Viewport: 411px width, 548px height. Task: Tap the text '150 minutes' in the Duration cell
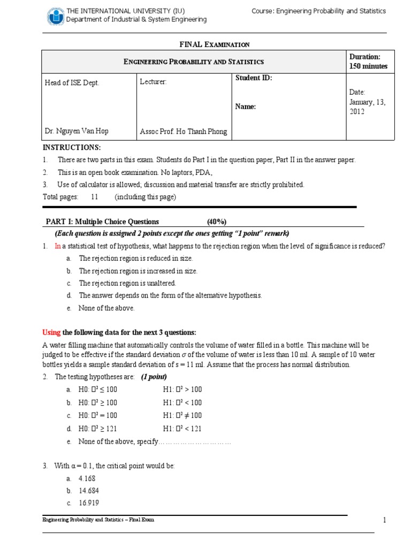[368, 66]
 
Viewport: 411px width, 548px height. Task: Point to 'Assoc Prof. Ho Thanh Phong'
[183, 132]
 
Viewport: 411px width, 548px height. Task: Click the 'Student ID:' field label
[254, 78]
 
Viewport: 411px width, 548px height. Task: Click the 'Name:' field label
[246, 106]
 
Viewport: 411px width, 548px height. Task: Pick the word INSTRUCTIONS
[71, 148]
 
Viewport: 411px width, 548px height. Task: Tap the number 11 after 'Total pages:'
[95, 197]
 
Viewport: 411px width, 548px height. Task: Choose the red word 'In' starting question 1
[58, 246]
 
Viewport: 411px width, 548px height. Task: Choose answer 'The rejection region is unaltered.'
[127, 283]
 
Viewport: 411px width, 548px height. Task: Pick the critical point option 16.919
[88, 503]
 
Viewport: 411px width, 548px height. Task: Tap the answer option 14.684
[88, 491]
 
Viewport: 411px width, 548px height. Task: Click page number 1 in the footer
[384, 520]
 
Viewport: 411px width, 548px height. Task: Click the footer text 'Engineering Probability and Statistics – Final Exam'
[98, 520]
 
